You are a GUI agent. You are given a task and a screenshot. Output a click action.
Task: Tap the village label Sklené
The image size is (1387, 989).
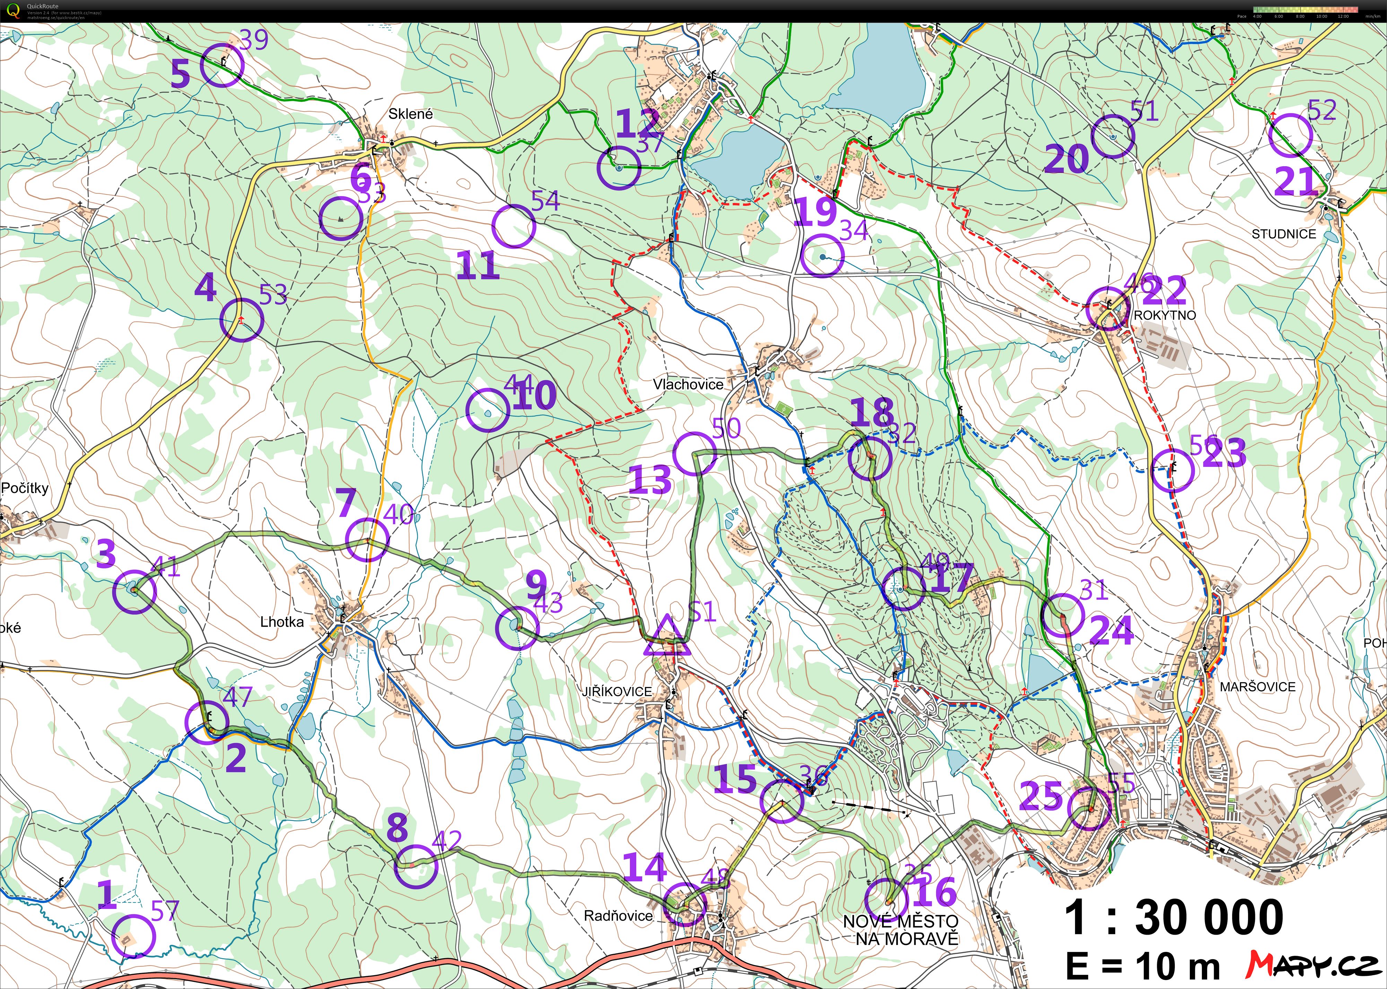411,114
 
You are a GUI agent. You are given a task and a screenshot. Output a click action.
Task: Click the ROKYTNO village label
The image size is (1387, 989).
1164,315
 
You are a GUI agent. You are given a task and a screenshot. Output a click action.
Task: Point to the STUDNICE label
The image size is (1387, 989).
1283,234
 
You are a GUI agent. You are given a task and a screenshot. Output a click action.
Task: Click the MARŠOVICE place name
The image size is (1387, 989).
1257,686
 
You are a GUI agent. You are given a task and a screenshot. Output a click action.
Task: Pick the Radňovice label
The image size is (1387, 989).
618,915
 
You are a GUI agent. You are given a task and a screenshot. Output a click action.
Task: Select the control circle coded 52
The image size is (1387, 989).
1290,136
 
